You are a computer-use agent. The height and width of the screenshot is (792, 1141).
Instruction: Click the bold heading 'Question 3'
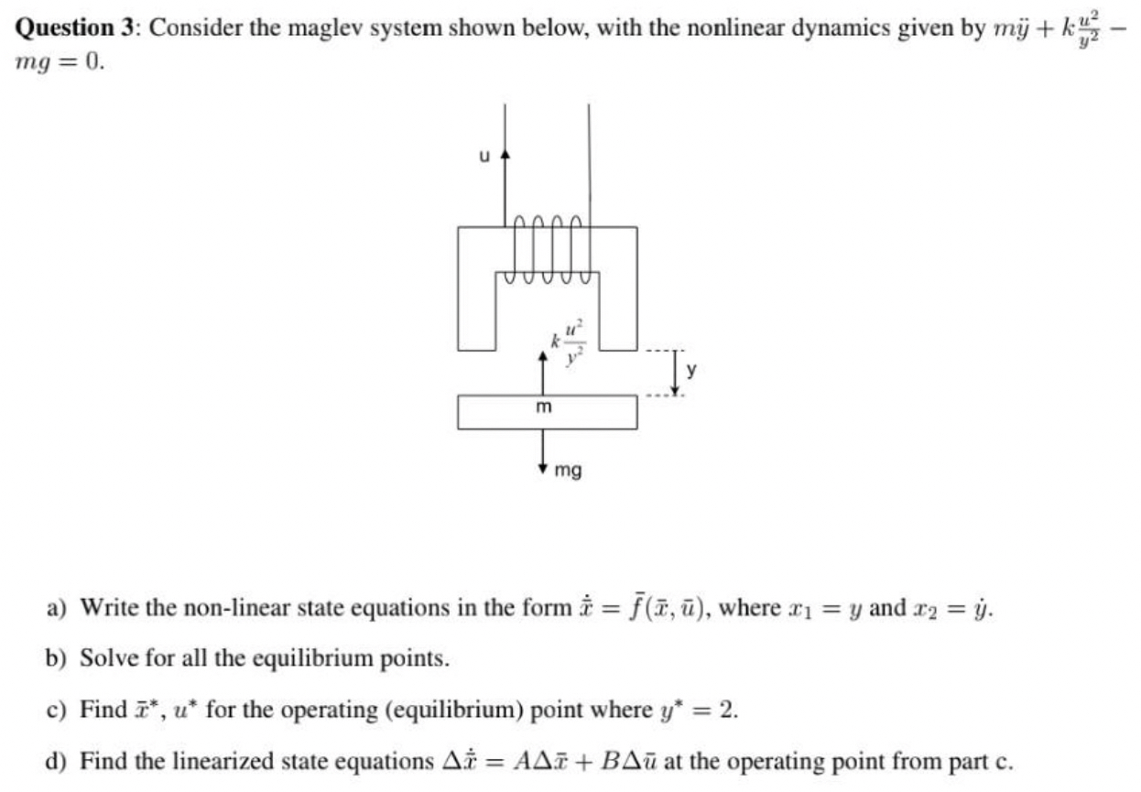pyautogui.click(x=73, y=27)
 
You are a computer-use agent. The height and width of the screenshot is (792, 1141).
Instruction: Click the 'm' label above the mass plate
pyautogui.click(x=543, y=406)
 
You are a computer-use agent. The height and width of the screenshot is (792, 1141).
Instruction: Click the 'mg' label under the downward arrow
pyautogui.click(x=568, y=472)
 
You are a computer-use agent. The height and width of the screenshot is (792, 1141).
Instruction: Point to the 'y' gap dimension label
pyautogui.click(x=692, y=372)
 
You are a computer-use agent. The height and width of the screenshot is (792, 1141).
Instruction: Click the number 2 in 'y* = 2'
pyautogui.click(x=730, y=710)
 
